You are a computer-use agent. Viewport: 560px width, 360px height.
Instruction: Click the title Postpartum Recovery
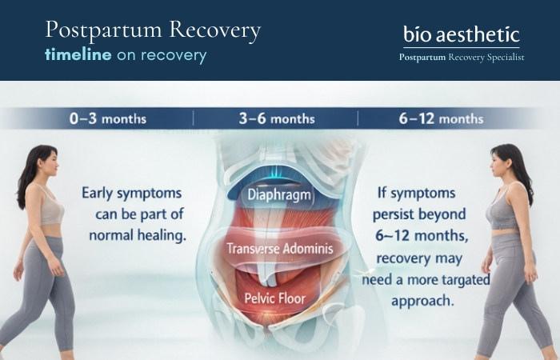click(153, 30)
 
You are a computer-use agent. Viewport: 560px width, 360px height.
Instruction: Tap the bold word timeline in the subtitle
click(78, 55)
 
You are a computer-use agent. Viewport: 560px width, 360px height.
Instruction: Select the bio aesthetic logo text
click(461, 34)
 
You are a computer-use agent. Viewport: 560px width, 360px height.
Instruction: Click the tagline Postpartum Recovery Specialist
click(462, 57)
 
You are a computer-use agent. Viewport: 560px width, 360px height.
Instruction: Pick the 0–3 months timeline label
click(108, 118)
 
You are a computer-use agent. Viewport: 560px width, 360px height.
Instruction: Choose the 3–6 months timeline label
click(275, 118)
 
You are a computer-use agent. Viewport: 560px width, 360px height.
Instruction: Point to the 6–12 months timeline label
click(441, 118)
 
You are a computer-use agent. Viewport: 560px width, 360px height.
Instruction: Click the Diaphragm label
click(278, 194)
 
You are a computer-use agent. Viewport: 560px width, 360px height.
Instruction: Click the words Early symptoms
click(132, 193)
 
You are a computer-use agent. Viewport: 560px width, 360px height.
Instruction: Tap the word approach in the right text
click(423, 301)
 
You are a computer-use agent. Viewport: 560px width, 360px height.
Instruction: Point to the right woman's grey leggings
click(509, 296)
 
